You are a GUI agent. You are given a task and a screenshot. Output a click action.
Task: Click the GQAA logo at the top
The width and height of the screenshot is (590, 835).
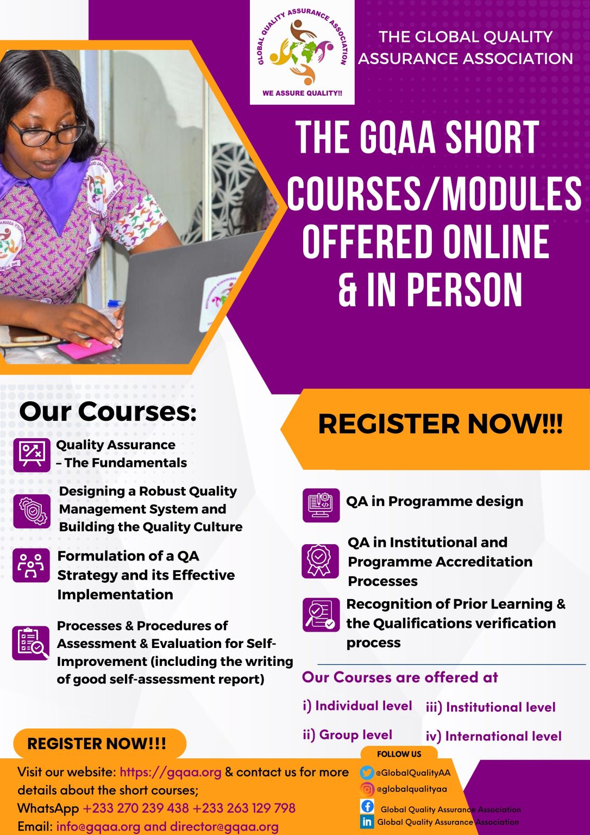click(302, 52)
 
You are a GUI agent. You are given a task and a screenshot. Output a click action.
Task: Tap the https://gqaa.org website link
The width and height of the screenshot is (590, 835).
click(171, 772)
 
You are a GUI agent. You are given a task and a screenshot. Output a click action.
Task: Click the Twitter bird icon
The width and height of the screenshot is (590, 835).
click(367, 772)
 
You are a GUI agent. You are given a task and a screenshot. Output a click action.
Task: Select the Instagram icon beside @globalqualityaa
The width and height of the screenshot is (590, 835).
click(367, 789)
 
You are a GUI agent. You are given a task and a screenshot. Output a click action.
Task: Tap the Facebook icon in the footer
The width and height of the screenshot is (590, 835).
click(367, 806)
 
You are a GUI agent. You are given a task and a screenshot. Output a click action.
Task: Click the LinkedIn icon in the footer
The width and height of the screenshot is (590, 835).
click(367, 821)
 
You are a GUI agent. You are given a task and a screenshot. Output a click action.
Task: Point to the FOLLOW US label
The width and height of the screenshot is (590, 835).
click(399, 754)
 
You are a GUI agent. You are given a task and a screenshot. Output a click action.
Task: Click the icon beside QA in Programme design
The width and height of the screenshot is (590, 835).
click(321, 505)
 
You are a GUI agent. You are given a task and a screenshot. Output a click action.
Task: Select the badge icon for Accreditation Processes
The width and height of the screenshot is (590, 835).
click(319, 560)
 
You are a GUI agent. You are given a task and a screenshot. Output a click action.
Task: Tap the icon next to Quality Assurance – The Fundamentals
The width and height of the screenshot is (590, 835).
click(32, 454)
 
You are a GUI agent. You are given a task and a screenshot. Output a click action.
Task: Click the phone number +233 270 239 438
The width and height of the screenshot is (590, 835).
click(136, 808)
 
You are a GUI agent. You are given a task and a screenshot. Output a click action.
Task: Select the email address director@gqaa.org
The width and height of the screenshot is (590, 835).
click(224, 826)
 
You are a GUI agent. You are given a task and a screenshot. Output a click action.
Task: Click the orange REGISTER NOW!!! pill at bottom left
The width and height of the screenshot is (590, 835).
click(98, 744)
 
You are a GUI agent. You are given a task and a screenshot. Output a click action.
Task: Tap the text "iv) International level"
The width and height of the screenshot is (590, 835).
click(493, 736)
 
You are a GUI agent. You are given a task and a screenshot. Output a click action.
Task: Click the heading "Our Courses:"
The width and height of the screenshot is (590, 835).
click(108, 412)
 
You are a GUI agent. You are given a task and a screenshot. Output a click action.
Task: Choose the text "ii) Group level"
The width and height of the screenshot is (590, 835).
click(347, 735)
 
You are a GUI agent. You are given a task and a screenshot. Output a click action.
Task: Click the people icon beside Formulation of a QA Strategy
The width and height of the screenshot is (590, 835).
click(31, 565)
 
